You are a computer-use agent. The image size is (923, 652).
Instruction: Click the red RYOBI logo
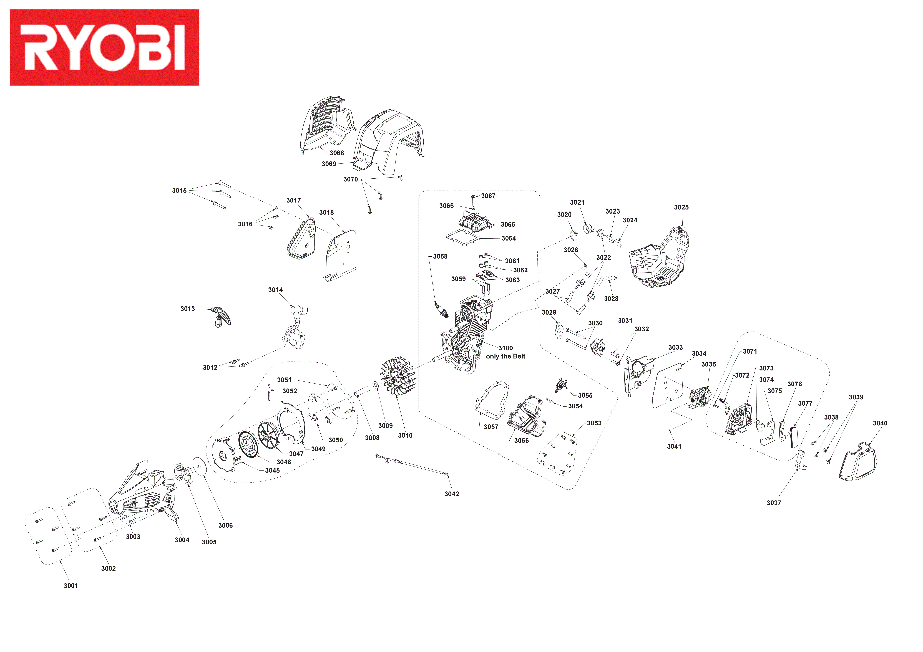coord(105,47)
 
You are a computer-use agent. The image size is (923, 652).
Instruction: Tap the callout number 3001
coord(71,586)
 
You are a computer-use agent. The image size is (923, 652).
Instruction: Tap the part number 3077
coord(805,403)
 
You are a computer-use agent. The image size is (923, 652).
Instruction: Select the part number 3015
coord(179,191)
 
